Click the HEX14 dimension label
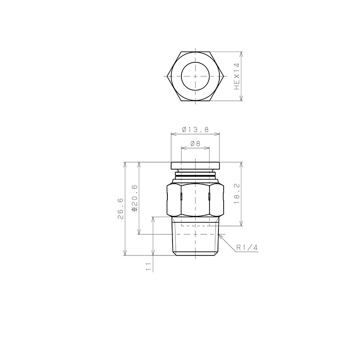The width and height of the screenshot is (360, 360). (237, 76)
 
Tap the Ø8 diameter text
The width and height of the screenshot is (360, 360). (195, 144)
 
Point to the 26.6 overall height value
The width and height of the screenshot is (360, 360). (120, 209)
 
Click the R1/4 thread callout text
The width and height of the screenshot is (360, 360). (247, 247)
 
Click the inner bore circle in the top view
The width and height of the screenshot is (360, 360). (195, 76)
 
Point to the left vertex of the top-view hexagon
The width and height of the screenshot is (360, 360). (167, 76)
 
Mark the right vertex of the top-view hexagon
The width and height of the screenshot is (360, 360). (224, 76)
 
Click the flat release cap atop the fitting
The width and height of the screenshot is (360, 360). (195, 165)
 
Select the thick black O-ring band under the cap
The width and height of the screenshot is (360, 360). (195, 176)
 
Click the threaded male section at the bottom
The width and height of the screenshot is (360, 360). (195, 241)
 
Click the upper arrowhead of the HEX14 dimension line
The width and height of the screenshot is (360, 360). (241, 53)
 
